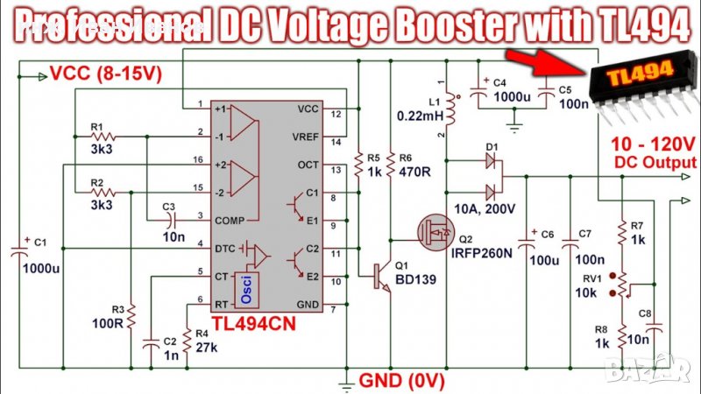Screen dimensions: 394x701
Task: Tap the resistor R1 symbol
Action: coord(104,137)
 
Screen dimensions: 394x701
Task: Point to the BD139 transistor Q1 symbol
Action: coord(382,273)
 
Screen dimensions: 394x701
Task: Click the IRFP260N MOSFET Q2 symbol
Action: coord(435,233)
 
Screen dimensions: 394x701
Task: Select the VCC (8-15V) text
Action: coord(106,74)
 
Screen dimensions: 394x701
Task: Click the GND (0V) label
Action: coord(401,381)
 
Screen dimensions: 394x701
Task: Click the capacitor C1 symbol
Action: coord(19,252)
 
